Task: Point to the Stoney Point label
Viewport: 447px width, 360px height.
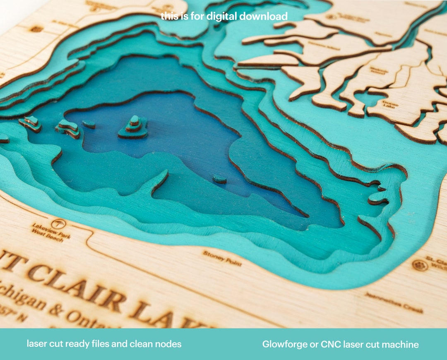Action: point(216,258)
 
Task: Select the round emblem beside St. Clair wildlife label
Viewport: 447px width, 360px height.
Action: point(420,265)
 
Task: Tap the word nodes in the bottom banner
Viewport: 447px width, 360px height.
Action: point(169,344)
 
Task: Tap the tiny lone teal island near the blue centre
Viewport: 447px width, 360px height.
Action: point(220,179)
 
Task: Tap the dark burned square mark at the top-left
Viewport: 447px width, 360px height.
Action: point(36,29)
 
